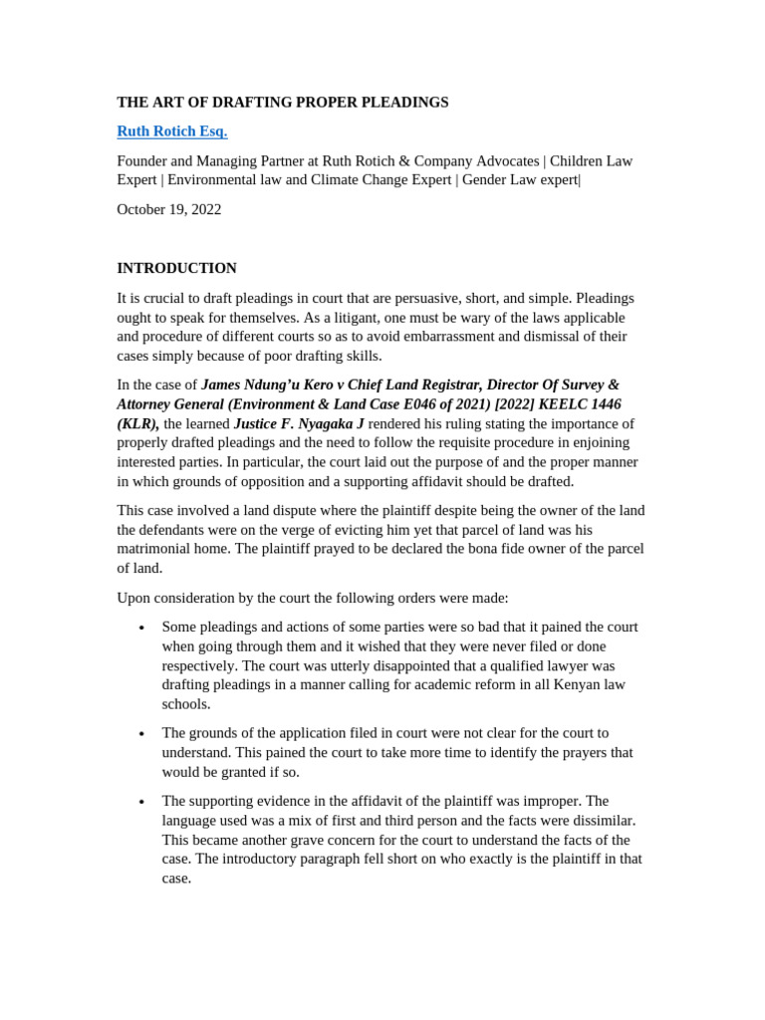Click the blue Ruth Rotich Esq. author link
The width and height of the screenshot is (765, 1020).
171,131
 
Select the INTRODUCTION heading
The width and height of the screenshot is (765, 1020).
176,268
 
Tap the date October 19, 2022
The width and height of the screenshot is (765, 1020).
169,209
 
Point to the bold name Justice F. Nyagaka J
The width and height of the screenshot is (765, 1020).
299,423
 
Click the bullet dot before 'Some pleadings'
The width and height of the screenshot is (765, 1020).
142,629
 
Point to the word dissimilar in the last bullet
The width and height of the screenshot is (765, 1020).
601,821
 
